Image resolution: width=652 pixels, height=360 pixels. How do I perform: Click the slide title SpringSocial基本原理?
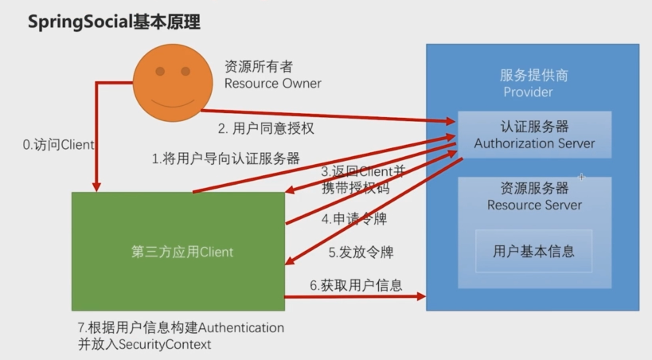pyautogui.click(x=114, y=22)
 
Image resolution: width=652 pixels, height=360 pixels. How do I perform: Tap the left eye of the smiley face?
pyautogui.click(x=160, y=71)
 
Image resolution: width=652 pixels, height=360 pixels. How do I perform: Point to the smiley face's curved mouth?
pyautogui.click(x=173, y=104)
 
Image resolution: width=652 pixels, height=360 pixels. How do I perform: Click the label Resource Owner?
pyautogui.click(x=273, y=84)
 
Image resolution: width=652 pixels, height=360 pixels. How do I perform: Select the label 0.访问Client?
pyautogui.click(x=59, y=145)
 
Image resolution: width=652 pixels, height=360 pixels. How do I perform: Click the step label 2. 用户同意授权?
pyautogui.click(x=266, y=128)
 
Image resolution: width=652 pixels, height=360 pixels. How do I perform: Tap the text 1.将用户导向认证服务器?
pyautogui.click(x=226, y=158)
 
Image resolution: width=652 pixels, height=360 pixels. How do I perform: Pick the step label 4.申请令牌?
pyautogui.click(x=354, y=219)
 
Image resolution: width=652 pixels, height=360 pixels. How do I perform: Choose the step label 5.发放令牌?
pyautogui.click(x=361, y=252)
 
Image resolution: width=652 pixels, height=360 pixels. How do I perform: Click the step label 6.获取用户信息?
pyautogui.click(x=357, y=285)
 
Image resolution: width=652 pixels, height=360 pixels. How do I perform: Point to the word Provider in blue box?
pyautogui.click(x=528, y=92)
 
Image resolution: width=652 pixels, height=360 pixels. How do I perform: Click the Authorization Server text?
pyautogui.click(x=534, y=143)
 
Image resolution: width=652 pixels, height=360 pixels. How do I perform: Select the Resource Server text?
pyautogui.click(x=534, y=205)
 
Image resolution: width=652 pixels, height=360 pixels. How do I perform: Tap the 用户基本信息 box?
pyautogui.click(x=534, y=251)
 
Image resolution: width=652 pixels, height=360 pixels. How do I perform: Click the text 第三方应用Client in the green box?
pyautogui.click(x=182, y=252)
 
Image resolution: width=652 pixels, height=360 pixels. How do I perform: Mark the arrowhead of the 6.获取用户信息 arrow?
pyautogui.click(x=421, y=296)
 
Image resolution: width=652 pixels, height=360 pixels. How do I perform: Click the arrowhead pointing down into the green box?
pyautogui.click(x=96, y=187)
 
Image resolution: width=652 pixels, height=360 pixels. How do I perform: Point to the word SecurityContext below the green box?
pyautogui.click(x=165, y=345)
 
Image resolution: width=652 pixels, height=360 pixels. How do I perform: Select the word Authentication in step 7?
pyautogui.click(x=241, y=328)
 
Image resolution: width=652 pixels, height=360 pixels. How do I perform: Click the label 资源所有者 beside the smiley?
pyautogui.click(x=259, y=67)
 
